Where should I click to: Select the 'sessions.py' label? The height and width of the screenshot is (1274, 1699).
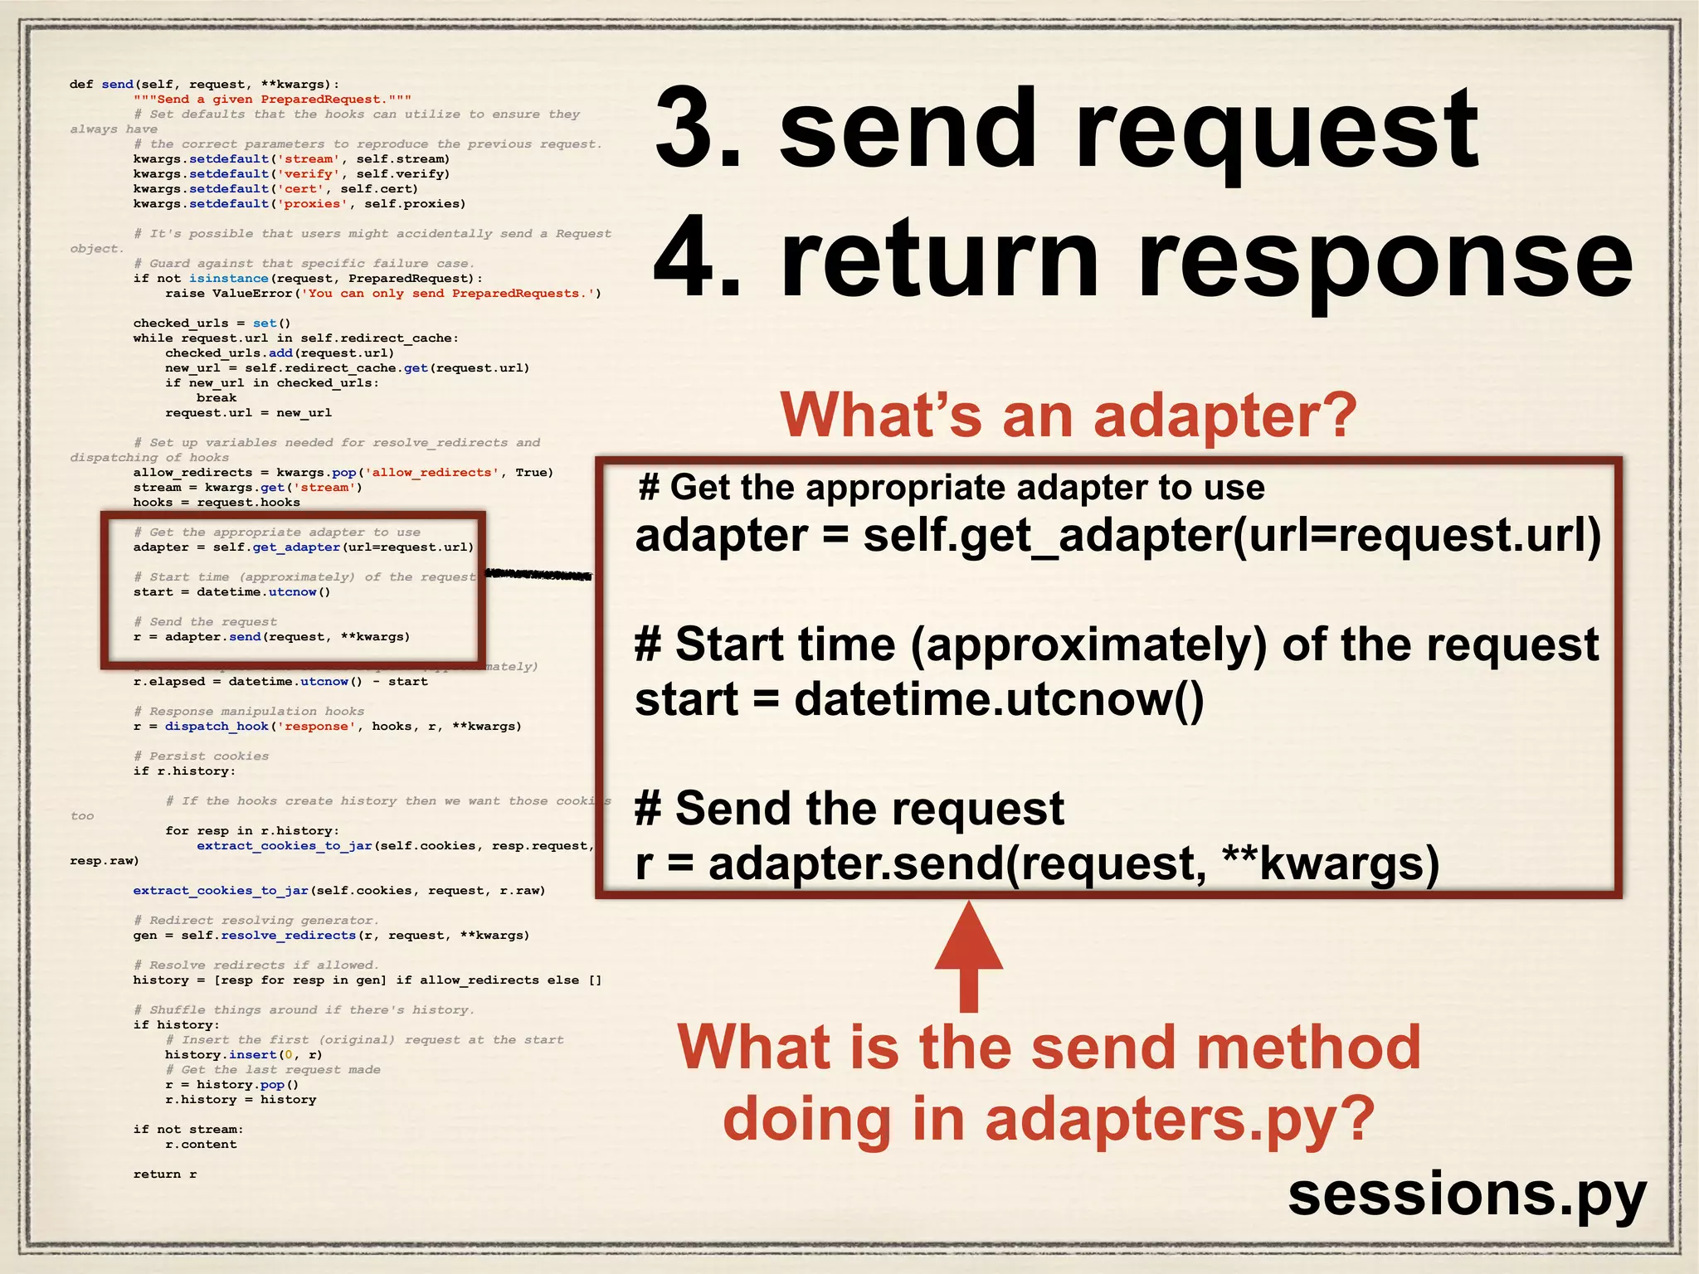pyautogui.click(x=1466, y=1195)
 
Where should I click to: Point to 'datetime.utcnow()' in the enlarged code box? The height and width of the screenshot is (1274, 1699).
pyautogui.click(x=999, y=699)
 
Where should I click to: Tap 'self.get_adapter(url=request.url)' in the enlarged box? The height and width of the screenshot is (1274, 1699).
pyautogui.click(x=1232, y=536)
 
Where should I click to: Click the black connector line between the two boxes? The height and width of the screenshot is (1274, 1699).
pyautogui.click(x=538, y=575)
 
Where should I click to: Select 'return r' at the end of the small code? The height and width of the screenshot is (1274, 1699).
pyautogui.click(x=165, y=1174)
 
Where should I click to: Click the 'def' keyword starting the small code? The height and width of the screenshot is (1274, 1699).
pyautogui.click(x=81, y=85)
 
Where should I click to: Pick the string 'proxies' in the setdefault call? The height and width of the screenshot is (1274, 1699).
pyautogui.click(x=312, y=204)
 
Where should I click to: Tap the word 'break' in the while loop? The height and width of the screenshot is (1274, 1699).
pyautogui.click(x=217, y=398)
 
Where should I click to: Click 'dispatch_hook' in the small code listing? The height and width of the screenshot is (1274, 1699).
pyautogui.click(x=217, y=727)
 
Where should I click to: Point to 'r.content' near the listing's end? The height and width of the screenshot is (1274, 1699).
pyautogui.click(x=201, y=1145)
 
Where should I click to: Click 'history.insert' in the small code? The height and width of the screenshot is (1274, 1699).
pyautogui.click(x=219, y=1055)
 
